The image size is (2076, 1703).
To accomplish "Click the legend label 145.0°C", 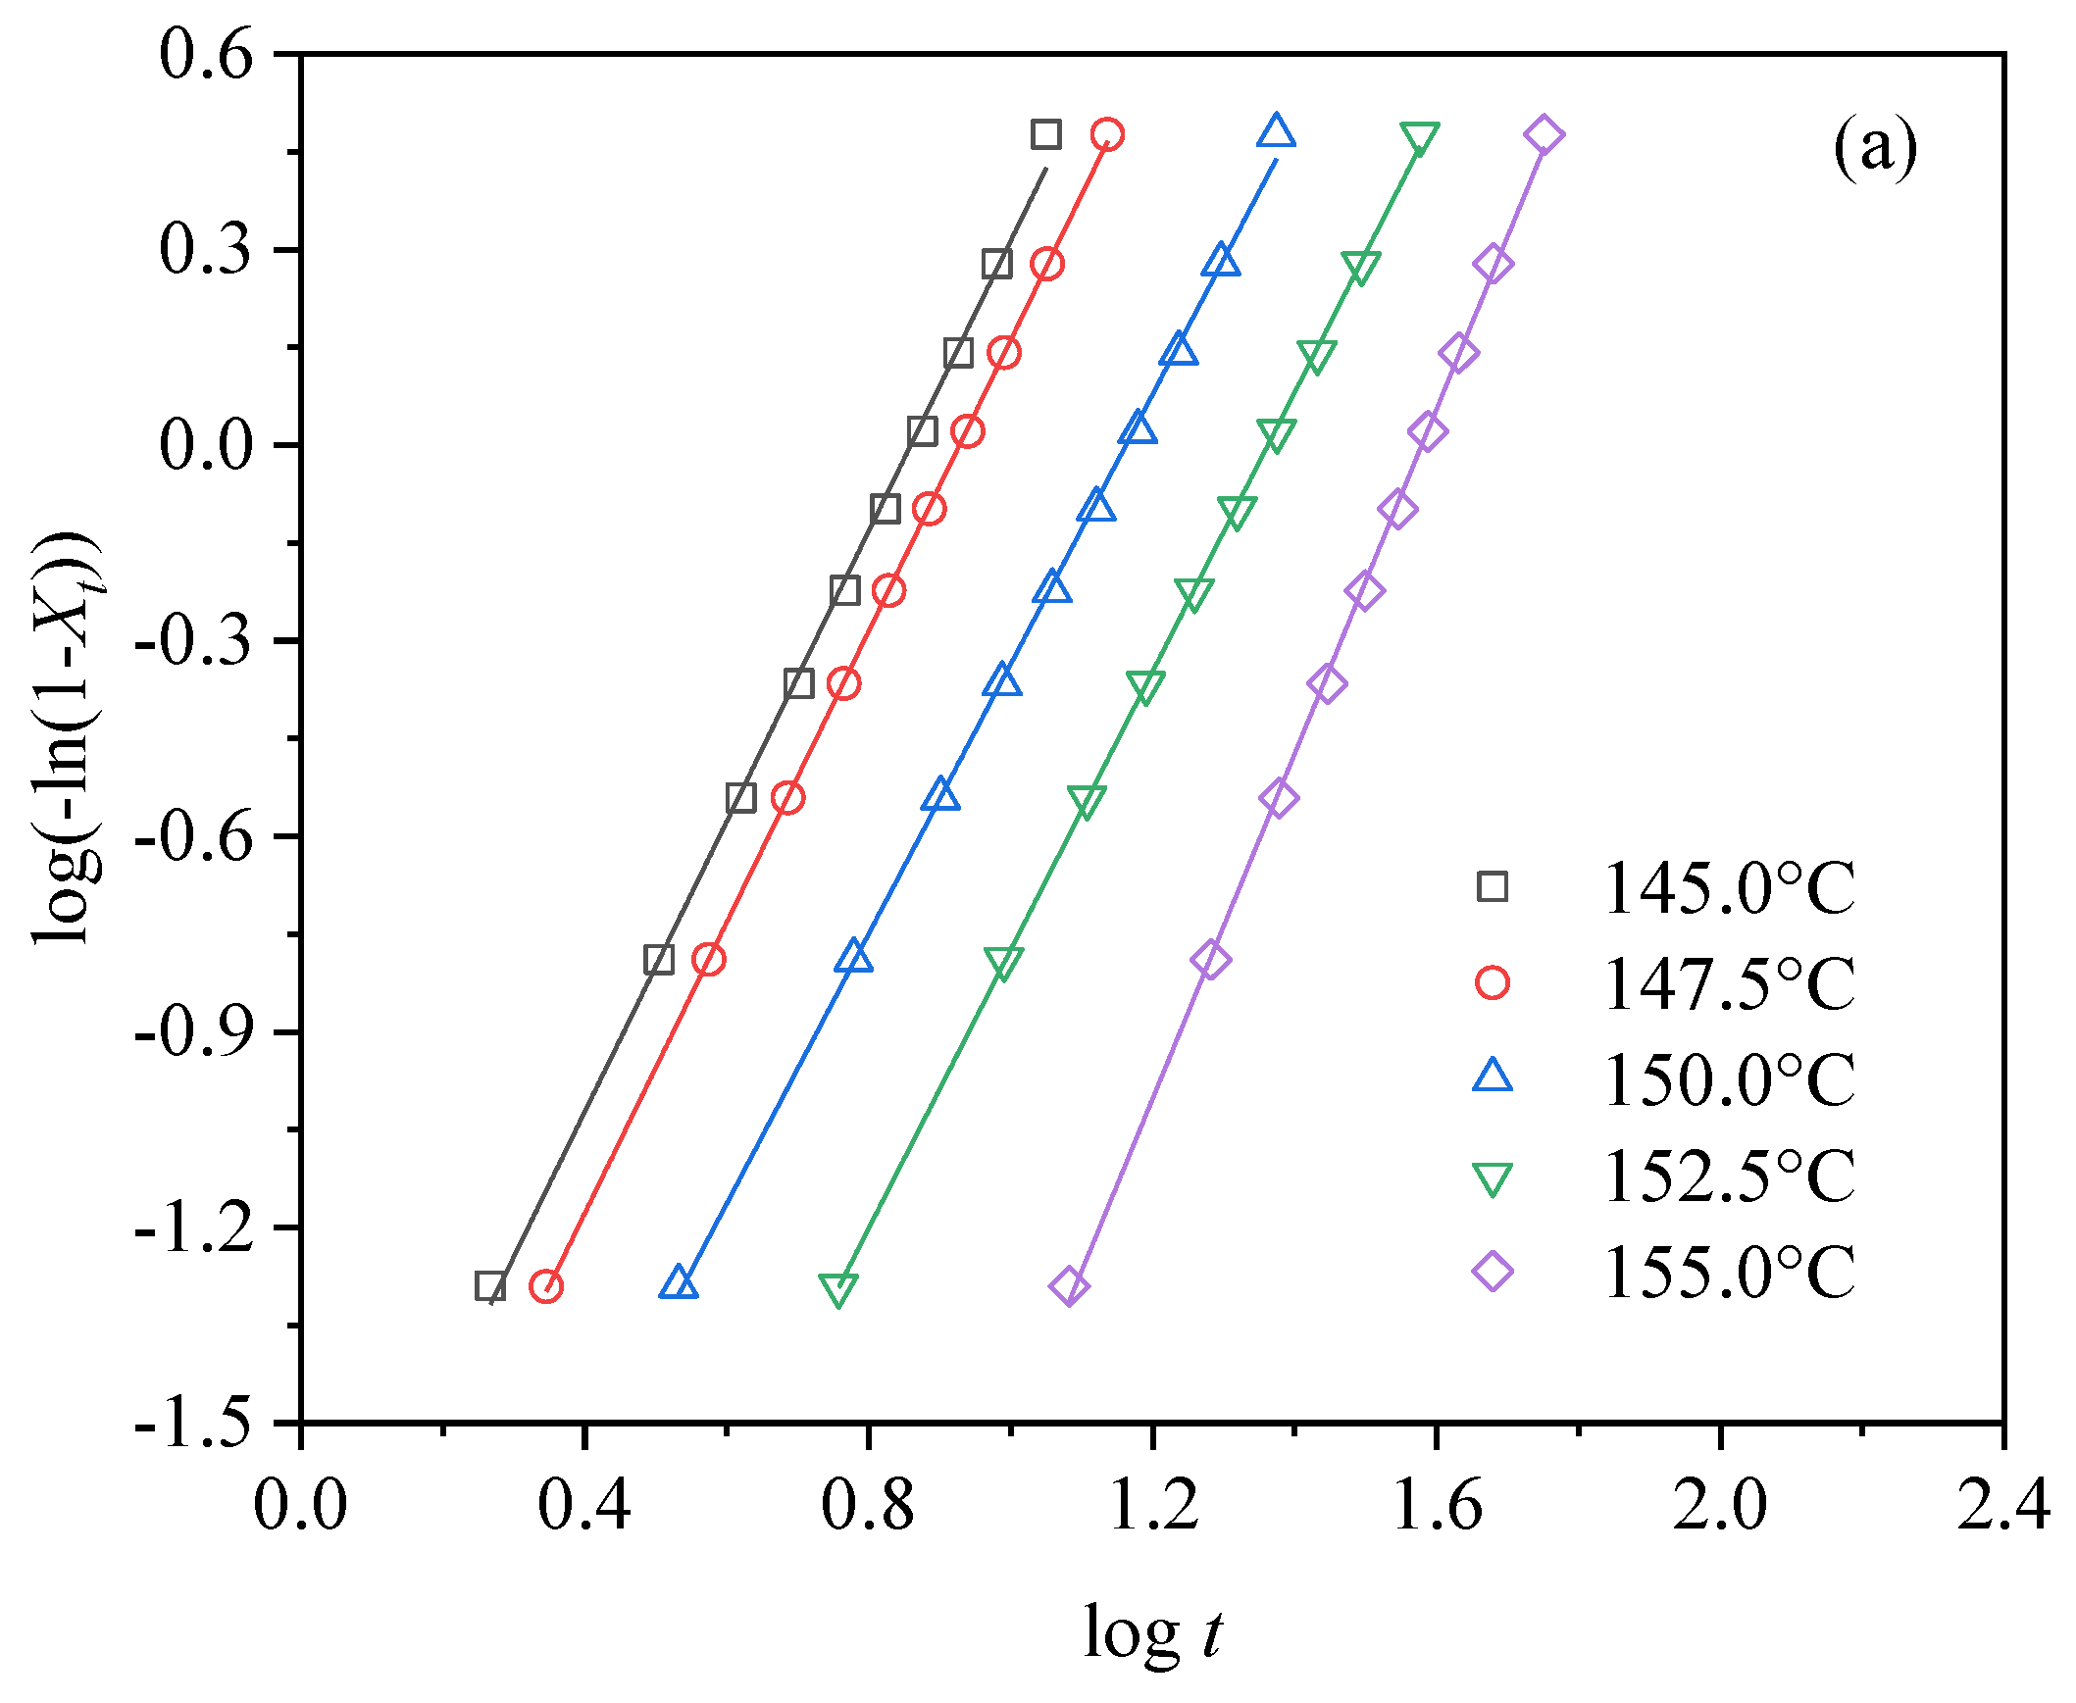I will [x=1729, y=889].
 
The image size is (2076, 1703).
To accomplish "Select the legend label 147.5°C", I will [x=1729, y=984].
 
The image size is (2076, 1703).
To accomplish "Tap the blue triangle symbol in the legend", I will [x=1493, y=1077].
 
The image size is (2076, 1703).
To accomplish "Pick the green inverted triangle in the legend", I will [x=1493, y=1178].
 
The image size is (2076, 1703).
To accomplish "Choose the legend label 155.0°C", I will [x=1729, y=1273].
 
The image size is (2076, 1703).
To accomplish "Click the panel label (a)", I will [x=1875, y=148].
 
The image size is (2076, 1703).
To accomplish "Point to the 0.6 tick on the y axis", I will [x=207, y=55].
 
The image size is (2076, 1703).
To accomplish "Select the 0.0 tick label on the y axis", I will [x=205, y=445].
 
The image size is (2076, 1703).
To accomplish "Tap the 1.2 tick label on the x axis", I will [x=1153, y=1504].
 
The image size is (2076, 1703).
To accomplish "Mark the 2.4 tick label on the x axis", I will [x=2002, y=1504].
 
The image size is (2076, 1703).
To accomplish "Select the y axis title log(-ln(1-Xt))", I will [x=69, y=737].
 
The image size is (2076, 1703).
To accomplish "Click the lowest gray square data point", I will [x=490, y=1286].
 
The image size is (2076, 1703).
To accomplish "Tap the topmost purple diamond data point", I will [x=1544, y=134].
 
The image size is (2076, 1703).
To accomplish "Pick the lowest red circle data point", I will [x=546, y=1286].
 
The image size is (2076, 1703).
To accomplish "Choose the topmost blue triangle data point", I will [x=1276, y=131].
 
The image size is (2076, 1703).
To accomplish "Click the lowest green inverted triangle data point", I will [x=837, y=1290].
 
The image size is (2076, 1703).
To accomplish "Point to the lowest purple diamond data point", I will [x=1070, y=1286].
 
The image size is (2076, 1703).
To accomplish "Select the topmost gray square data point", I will [x=1046, y=134].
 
